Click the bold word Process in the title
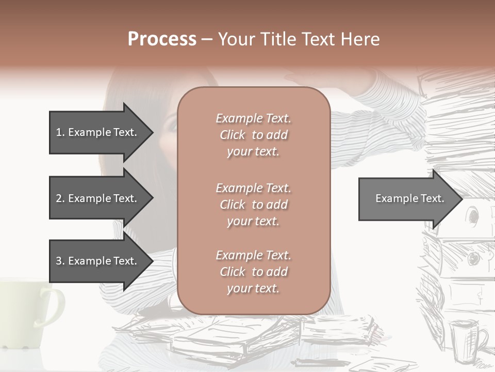162,39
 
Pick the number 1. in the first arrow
60,132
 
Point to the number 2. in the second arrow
60,198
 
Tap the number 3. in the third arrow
60,261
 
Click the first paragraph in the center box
254,135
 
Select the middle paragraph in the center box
254,205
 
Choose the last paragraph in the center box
254,272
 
